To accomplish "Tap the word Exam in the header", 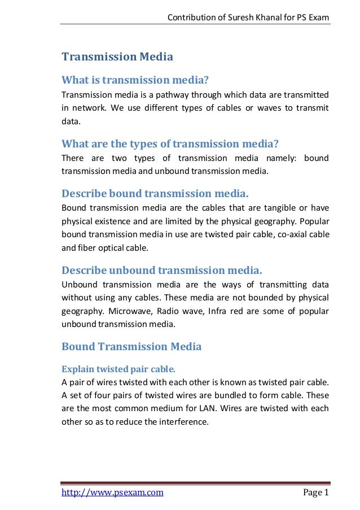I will tap(318, 19).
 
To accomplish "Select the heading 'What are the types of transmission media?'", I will tap(170, 142).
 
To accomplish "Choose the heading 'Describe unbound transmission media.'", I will tap(162, 269).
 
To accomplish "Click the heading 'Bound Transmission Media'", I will tap(131, 346).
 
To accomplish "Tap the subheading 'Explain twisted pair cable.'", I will tap(118, 369).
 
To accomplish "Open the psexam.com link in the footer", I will tap(112, 492).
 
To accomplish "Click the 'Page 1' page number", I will tap(315, 492).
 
